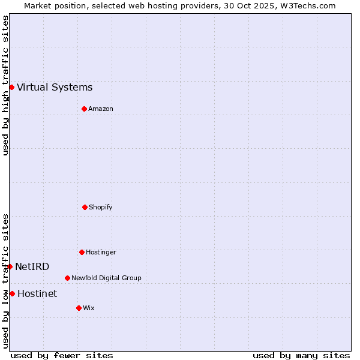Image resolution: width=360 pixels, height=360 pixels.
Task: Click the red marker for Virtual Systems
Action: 11,88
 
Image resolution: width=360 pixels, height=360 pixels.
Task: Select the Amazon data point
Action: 84,109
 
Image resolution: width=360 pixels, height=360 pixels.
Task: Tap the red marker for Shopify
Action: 85,207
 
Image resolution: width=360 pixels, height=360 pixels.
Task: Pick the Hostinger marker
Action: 82,252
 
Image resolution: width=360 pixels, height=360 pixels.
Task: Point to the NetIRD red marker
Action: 10,266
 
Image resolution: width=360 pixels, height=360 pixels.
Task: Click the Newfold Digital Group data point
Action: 67,278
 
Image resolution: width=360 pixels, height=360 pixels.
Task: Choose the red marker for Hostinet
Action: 12,293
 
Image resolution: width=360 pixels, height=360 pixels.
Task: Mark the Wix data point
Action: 79,308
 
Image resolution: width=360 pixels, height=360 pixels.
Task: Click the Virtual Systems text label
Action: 55,88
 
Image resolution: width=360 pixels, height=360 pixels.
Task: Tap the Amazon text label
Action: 101,109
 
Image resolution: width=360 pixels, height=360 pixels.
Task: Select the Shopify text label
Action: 101,207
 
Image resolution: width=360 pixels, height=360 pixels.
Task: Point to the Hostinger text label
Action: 101,252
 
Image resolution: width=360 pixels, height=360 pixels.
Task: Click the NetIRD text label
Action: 32,266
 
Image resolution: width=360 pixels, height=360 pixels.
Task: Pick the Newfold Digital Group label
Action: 106,278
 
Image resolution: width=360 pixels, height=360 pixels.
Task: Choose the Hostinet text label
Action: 37,293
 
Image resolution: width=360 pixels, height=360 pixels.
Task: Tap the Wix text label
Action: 89,308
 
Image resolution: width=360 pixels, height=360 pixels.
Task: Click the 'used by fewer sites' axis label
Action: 62,355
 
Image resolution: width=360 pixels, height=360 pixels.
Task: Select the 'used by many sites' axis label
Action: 301,355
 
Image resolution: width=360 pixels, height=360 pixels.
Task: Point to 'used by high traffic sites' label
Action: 5,85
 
